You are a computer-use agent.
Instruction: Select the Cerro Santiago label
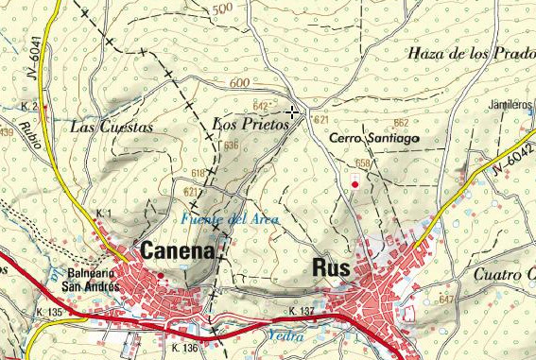tap(374, 138)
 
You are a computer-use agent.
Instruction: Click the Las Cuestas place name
tap(112, 126)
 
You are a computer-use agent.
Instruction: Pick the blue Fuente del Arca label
tap(222, 220)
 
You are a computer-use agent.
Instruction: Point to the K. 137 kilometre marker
tap(302, 311)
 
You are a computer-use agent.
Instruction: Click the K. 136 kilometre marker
tap(186, 349)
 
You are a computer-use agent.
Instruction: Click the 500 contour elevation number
tap(223, 9)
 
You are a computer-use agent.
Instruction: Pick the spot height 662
tap(401, 123)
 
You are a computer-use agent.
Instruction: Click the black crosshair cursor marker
tap(292, 112)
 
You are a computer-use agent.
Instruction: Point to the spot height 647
tap(446, 300)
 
